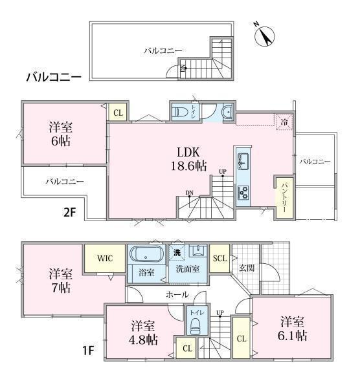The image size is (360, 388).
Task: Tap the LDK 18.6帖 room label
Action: tap(188, 159)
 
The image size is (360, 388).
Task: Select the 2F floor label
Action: tap(69, 212)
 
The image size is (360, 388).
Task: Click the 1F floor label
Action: tap(88, 350)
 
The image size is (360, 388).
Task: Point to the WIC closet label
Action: tap(105, 258)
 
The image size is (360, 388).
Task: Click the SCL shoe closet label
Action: tap(219, 259)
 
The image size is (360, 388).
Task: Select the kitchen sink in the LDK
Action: tap(243, 161)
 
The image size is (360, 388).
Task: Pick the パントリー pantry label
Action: tap(284, 198)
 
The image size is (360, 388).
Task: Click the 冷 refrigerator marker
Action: tap(284, 122)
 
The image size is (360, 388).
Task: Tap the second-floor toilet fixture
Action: tap(181, 112)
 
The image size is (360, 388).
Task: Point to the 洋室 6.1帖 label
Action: tap(293, 329)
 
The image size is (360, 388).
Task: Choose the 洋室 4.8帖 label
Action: tap(143, 333)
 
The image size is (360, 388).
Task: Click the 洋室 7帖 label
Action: tap(61, 281)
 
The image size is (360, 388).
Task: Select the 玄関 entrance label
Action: tap(247, 268)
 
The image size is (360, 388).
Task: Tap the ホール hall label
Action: tap(177, 294)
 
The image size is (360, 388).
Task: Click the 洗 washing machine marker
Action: tap(177, 253)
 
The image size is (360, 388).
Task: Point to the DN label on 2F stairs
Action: tap(190, 193)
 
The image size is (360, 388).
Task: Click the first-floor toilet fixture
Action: tap(196, 326)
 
